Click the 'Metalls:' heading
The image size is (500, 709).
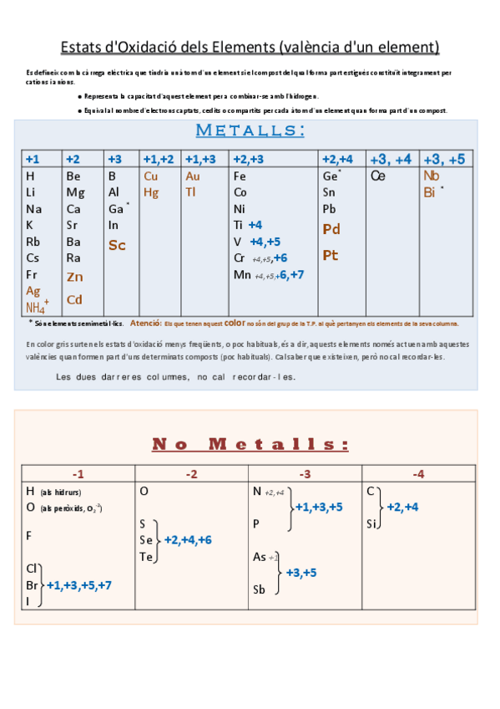[250, 130]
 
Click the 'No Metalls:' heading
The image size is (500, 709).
[250, 443]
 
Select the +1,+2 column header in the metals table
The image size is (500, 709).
[159, 160]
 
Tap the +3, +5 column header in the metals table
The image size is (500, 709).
[444, 160]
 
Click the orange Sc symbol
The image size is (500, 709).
[117, 245]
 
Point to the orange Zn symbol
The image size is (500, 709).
[75, 277]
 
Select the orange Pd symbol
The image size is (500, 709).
[331, 229]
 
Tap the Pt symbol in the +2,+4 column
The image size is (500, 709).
[331, 256]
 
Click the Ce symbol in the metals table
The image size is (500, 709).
[377, 176]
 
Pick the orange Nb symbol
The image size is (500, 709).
[432, 176]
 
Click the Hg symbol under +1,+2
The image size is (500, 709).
[151, 192]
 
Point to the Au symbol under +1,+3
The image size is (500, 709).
[193, 176]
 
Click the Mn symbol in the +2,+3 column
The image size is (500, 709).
[242, 274]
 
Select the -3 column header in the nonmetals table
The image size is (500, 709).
[305, 474]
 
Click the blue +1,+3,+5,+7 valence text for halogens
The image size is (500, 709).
[79, 585]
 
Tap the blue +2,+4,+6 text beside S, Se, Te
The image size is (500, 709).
[188, 540]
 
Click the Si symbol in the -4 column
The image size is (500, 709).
[371, 524]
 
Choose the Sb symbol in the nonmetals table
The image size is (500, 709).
[259, 589]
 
